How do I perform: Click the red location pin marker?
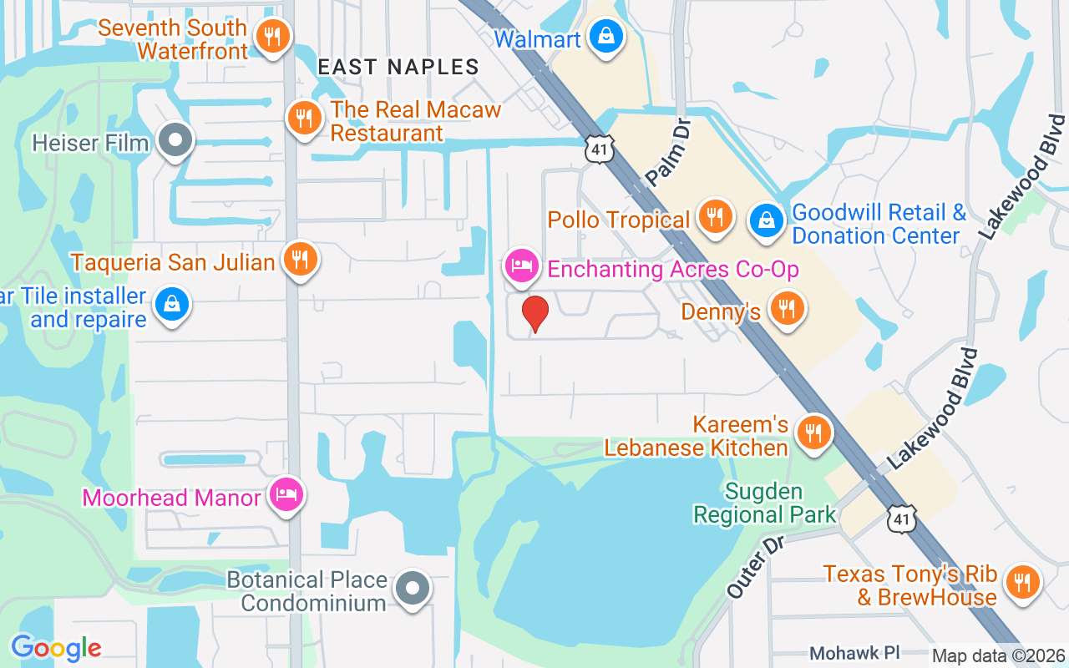coord(534,314)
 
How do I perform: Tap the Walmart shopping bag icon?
coord(607,37)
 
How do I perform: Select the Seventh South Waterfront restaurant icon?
coord(272,37)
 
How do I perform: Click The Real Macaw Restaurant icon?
coord(304,119)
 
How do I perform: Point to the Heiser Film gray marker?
coord(175,141)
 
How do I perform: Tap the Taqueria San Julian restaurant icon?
coord(300,260)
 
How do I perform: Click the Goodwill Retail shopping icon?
coord(765,221)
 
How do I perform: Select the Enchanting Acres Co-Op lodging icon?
coord(521,266)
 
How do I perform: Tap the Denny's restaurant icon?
coord(786,309)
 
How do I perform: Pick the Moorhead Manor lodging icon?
coord(286,496)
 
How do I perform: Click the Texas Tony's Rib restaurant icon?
coord(1021,581)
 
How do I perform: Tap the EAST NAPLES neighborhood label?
coord(398,67)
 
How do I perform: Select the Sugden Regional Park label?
coord(764,503)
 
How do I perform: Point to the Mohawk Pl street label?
coord(855,652)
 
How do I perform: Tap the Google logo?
coord(56,647)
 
